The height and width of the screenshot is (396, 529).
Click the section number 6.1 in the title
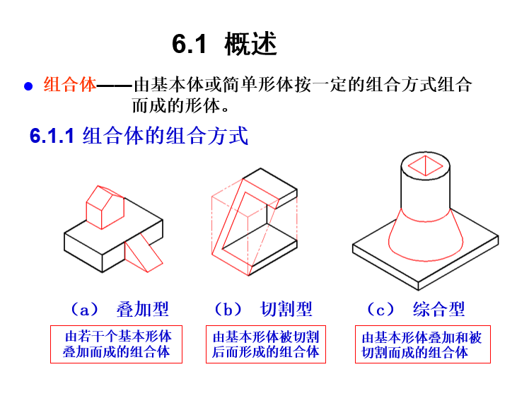(189, 45)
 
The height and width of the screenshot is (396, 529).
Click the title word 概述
(250, 45)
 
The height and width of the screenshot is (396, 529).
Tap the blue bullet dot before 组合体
(29, 86)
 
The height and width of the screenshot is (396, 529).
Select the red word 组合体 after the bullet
(69, 85)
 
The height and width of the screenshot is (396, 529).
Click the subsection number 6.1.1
(52, 136)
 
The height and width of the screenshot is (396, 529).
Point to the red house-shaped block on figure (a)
(105, 206)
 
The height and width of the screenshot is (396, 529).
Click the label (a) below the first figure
(84, 309)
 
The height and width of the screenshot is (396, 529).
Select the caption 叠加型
(143, 309)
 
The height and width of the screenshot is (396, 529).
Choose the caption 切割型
(286, 309)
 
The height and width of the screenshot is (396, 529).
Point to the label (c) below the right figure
(380, 309)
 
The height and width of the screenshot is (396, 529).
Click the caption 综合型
(438, 309)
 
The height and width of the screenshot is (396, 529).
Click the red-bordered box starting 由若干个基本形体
(117, 344)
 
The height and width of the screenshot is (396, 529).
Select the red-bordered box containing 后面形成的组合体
(265, 344)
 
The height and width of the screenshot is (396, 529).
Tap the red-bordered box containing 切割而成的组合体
(422, 344)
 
